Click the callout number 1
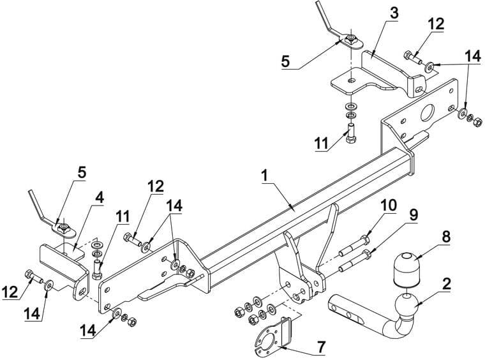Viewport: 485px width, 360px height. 265,176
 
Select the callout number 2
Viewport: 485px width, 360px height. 445,284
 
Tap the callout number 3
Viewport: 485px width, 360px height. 394,13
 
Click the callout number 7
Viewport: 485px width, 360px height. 321,347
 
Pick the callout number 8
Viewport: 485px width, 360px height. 446,237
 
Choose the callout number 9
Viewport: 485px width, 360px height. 414,215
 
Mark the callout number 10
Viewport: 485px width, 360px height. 389,205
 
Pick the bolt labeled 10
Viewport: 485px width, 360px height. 354,246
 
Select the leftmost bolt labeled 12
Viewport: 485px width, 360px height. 33,277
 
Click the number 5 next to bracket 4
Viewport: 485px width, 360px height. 82,173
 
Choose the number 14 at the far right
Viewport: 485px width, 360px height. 473,57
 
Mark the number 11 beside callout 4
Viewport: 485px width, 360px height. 123,217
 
